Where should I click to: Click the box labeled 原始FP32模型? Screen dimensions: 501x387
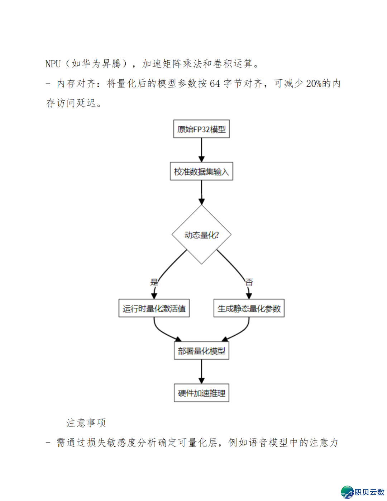coord(201,129)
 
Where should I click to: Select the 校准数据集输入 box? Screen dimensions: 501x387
coord(201,171)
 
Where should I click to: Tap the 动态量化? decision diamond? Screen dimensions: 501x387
coord(201,235)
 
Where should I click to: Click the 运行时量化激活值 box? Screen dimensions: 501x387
coord(154,308)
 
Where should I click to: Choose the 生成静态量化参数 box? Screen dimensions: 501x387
coord(249,308)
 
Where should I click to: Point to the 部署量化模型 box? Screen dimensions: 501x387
coord(201,351)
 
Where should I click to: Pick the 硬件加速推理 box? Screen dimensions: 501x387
coord(201,393)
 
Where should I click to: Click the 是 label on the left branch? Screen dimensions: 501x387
coord(154,282)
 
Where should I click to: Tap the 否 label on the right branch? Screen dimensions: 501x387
coord(249,282)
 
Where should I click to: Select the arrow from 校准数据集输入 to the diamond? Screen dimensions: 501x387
coord(201,192)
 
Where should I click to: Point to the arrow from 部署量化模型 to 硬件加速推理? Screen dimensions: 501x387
coord(201,372)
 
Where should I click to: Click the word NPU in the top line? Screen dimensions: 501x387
coord(53,64)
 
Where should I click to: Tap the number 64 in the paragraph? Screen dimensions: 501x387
coord(215,84)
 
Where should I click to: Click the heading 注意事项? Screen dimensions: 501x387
coord(86,423)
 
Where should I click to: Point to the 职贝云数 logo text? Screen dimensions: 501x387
coord(369,492)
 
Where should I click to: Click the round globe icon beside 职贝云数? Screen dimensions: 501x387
coord(347,492)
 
